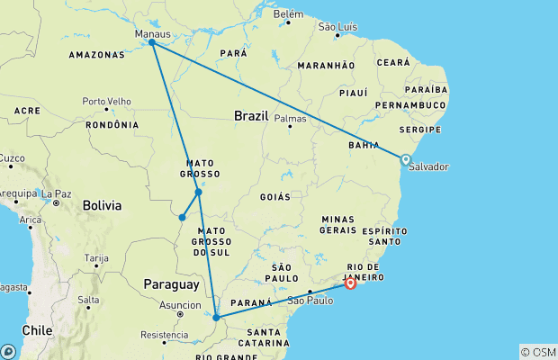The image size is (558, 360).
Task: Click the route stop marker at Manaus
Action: [152, 42]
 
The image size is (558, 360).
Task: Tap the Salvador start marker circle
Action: [406, 159]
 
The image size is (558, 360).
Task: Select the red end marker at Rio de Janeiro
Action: [350, 283]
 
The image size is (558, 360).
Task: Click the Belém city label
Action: [288, 14]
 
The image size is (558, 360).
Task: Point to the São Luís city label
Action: [338, 26]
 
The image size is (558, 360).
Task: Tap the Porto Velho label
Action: [106, 101]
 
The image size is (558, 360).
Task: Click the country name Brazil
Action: [251, 116]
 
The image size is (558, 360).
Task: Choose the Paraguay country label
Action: [171, 284]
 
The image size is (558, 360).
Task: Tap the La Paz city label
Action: [55, 193]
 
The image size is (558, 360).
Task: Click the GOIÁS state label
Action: [275, 196]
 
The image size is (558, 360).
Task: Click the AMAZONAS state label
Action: [97, 55]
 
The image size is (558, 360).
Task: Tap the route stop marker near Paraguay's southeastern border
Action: [216, 317]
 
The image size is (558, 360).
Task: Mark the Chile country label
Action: [37, 330]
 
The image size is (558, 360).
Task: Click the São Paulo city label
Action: [308, 300]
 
